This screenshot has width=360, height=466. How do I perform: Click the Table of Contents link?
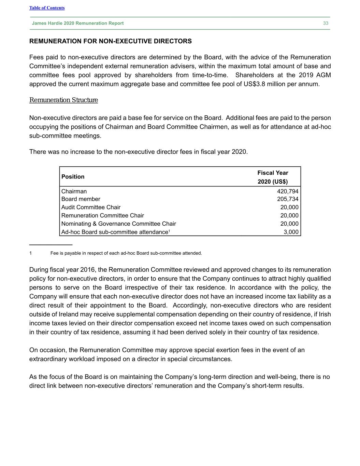click(47, 8)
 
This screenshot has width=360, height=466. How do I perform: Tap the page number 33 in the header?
click(326, 23)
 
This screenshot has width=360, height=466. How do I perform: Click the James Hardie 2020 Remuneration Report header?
click(78, 23)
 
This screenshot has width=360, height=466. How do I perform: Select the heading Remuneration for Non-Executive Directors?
click(111, 41)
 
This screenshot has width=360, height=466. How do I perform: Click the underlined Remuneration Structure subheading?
click(63, 100)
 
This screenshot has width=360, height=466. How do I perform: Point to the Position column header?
click(73, 176)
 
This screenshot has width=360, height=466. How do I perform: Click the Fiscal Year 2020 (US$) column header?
click(273, 177)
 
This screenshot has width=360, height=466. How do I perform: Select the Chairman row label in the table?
click(74, 191)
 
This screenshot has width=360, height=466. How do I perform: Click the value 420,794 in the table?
click(287, 191)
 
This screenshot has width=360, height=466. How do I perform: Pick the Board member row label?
click(81, 199)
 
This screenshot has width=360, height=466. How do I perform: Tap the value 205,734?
click(287, 199)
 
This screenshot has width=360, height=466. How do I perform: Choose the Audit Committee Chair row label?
click(91, 207)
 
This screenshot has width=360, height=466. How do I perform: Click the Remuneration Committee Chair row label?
click(102, 215)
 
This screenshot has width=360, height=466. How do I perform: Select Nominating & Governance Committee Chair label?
click(118, 224)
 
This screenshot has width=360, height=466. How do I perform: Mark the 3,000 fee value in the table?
click(291, 232)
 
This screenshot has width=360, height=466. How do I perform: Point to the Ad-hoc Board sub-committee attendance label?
click(114, 232)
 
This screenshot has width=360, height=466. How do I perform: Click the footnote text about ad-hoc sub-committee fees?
click(126, 253)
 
